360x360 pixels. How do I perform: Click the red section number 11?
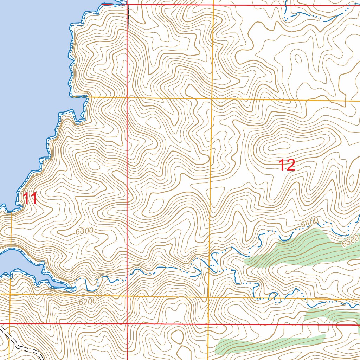[x=30, y=199]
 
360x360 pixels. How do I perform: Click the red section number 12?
[x=287, y=165]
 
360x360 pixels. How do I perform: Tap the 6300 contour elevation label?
[x=84, y=231]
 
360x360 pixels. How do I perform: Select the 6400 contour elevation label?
[x=309, y=222]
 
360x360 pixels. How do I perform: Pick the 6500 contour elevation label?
[x=349, y=241]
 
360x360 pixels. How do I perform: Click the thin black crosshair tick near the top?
[x=129, y=16]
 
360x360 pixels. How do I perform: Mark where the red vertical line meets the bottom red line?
[x=127, y=324]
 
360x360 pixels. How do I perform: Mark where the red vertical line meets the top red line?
[x=127, y=5]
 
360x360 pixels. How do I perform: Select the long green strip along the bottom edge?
[x=267, y=343]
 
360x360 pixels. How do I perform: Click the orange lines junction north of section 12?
[x=212, y=99]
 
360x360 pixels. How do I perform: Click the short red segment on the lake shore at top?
[x=108, y=4]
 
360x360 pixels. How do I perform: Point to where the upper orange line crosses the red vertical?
[x=127, y=97]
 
